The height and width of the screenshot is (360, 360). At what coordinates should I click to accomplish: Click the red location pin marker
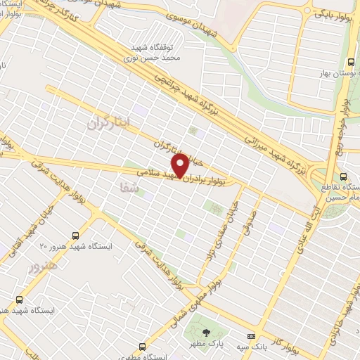[x=180, y=165]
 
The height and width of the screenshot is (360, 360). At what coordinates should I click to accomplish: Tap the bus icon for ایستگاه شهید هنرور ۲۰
[x=75, y=236]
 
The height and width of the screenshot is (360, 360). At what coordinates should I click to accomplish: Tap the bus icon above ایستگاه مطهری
[x=143, y=347]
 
